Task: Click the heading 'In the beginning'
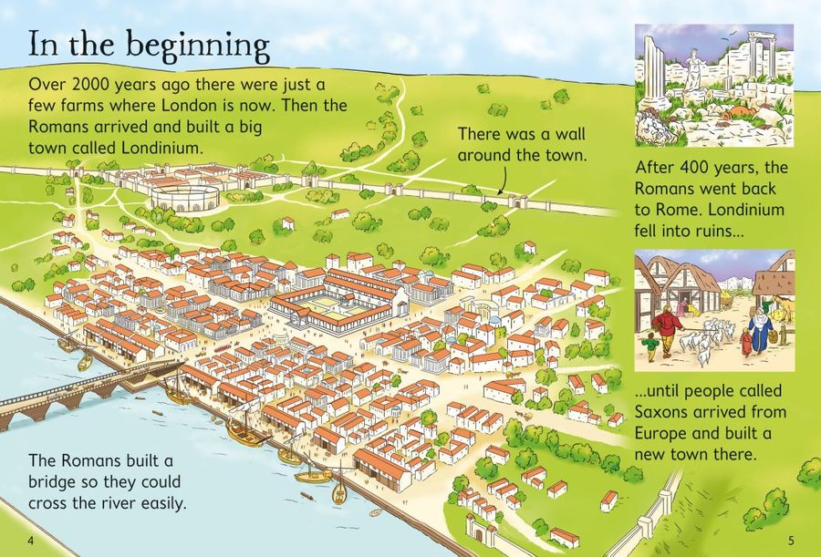[x=149, y=45]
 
